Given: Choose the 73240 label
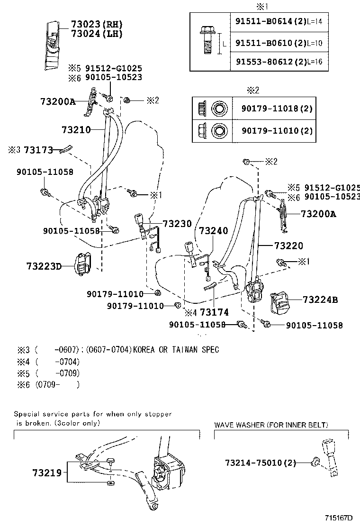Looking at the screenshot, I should (x=213, y=231).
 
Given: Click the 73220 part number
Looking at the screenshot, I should (x=288, y=246).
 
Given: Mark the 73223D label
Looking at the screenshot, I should (x=44, y=266).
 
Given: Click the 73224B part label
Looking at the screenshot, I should (x=320, y=300).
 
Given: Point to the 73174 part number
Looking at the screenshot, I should (x=214, y=312).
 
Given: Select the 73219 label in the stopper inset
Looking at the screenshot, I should (x=47, y=472).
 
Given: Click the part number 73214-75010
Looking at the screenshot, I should (x=253, y=462).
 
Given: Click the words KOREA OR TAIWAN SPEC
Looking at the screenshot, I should (x=176, y=350).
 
